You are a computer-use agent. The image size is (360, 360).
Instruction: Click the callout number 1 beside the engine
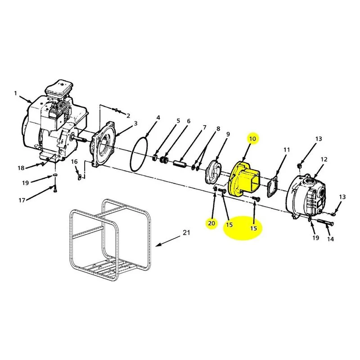(x=16, y=93)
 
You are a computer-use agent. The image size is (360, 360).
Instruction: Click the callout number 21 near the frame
(x=186, y=233)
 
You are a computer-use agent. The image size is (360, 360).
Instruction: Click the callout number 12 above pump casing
(x=324, y=159)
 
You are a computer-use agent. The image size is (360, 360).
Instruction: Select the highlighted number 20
(x=211, y=223)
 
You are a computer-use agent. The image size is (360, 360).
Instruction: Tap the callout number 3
(x=136, y=123)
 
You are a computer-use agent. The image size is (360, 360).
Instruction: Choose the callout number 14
(x=330, y=239)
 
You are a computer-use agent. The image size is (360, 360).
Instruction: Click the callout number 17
(x=22, y=200)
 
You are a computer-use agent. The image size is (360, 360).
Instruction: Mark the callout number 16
(x=74, y=162)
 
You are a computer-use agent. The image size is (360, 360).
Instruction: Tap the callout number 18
(x=21, y=168)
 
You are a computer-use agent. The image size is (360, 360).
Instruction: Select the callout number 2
(x=128, y=116)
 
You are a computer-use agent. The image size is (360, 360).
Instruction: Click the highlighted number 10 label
(x=252, y=139)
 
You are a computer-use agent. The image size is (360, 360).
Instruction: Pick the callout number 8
(x=218, y=129)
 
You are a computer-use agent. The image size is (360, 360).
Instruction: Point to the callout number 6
(x=189, y=121)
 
